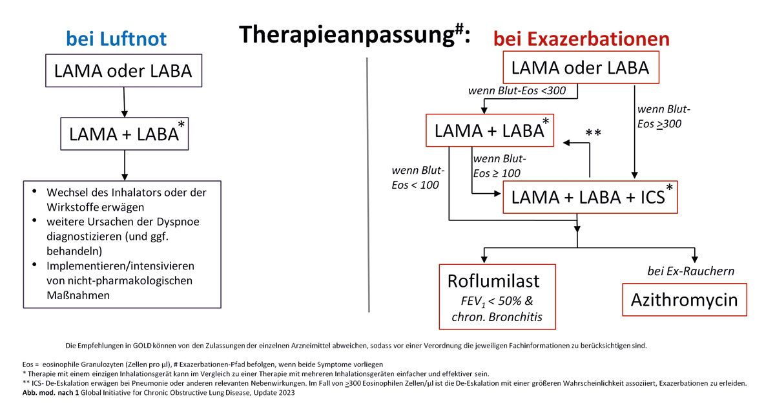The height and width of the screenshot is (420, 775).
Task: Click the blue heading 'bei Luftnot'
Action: (116, 39)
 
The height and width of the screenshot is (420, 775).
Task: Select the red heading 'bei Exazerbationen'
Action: (581, 39)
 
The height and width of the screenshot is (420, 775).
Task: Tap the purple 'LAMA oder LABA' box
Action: (123, 70)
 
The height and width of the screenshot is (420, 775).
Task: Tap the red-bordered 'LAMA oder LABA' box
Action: (581, 67)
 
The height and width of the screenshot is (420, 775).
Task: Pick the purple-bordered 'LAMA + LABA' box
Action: (124, 133)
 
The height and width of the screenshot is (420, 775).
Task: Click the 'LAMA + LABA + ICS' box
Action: (590, 197)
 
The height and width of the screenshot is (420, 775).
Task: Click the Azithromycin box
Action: (684, 300)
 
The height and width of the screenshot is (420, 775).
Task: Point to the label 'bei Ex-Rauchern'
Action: (690, 271)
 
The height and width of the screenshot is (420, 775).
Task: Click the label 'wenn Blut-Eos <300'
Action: (517, 90)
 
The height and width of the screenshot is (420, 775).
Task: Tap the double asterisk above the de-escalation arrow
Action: (593, 133)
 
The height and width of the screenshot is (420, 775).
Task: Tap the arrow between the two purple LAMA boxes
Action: (123, 102)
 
